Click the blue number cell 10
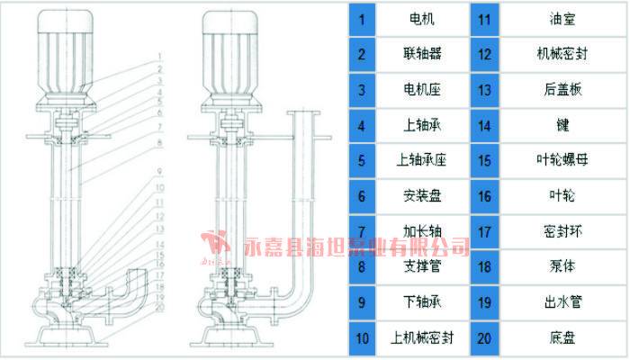[x=361, y=339]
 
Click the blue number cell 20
[x=484, y=339]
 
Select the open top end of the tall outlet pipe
[x=303, y=113]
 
